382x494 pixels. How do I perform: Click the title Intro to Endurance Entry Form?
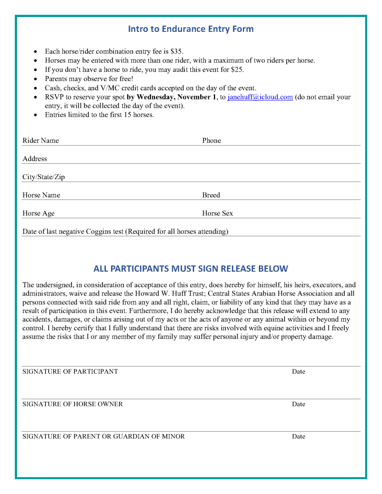[191, 29]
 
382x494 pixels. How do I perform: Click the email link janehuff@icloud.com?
[260, 97]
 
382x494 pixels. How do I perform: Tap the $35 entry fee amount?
[177, 51]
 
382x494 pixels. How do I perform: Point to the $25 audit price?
[237, 70]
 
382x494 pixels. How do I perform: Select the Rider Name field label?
[41, 141]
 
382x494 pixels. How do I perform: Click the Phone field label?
[212, 141]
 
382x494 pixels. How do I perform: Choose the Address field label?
[35, 159]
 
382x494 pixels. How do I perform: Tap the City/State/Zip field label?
[43, 177]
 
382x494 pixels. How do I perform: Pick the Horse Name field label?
[41, 195]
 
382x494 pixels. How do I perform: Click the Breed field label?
[211, 195]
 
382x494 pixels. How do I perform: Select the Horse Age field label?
[39, 213]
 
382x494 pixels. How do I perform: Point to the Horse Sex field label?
[217, 213]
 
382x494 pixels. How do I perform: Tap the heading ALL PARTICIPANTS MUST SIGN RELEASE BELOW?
[191, 269]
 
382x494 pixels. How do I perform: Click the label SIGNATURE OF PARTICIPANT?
[70, 372]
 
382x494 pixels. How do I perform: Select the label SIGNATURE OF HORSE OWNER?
[72, 404]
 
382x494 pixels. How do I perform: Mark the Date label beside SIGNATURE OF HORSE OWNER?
[298, 404]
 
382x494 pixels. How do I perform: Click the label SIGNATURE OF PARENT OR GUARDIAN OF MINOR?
[103, 437]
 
